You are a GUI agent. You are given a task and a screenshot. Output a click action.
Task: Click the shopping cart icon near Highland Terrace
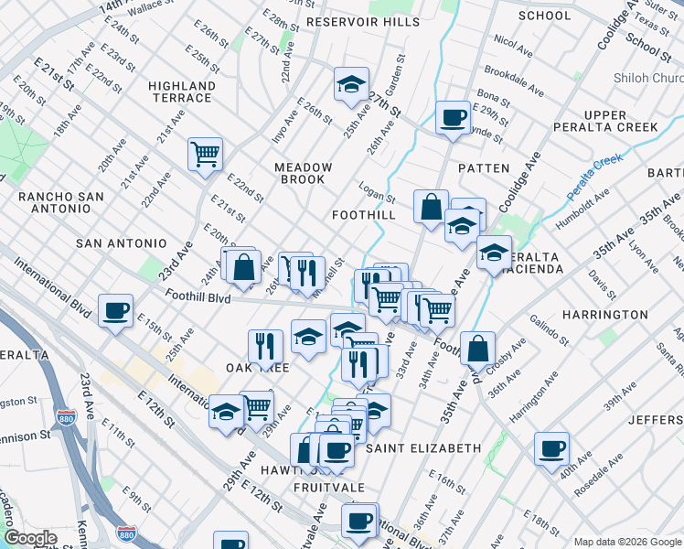click(x=206, y=153)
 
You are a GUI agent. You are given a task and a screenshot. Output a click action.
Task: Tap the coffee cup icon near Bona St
click(x=452, y=117)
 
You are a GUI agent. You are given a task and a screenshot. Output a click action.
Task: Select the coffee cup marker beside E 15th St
click(x=115, y=311)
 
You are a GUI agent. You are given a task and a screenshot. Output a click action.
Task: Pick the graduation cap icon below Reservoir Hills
click(x=350, y=84)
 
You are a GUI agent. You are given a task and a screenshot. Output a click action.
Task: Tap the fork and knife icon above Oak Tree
click(x=265, y=346)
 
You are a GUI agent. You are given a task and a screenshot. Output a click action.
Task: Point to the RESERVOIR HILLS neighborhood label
click(x=355, y=21)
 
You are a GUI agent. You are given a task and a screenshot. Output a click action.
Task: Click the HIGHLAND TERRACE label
click(x=182, y=91)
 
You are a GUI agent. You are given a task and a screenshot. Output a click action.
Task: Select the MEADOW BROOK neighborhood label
click(x=304, y=173)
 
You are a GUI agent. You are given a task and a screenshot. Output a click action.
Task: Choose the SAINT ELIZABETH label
click(x=422, y=448)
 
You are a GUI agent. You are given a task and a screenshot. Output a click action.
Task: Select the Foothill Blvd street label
click(x=198, y=296)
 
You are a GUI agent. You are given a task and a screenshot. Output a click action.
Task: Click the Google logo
click(x=30, y=539)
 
